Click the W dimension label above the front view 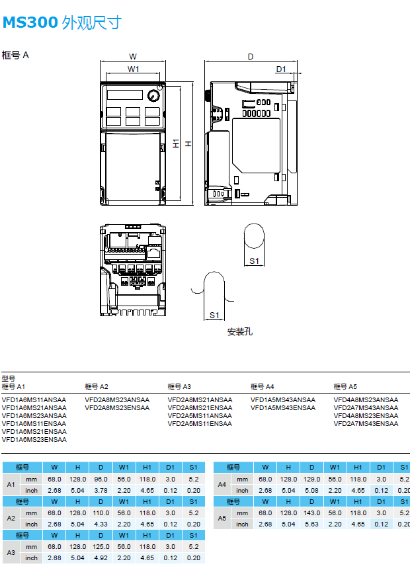click(133, 57)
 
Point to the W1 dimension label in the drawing click(133, 69)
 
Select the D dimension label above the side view click(251, 57)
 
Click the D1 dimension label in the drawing click(280, 69)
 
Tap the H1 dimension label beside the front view click(176, 144)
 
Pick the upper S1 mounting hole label click(255, 261)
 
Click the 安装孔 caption click(239, 331)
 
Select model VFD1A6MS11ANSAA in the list click(34, 400)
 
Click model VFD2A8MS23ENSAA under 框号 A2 click(117, 408)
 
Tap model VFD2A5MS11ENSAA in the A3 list click(200, 424)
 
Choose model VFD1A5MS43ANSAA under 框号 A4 click(283, 400)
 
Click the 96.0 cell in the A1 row click(101, 479)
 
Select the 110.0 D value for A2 click(101, 513)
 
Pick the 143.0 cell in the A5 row click(311, 513)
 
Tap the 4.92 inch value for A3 click(101, 558)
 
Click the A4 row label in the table click(222, 485)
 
